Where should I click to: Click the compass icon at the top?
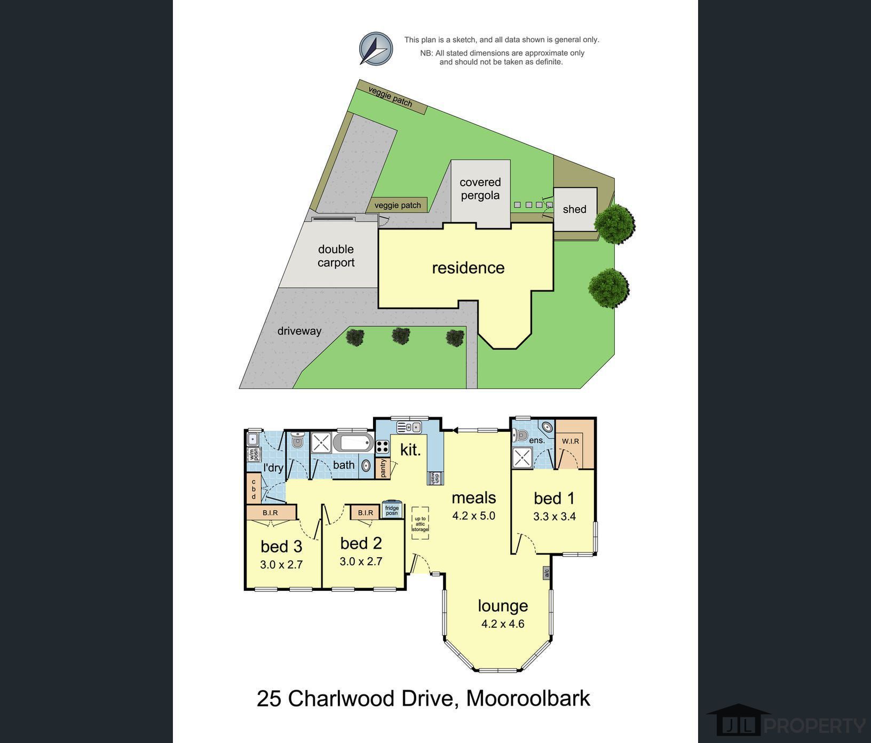(x=376, y=49)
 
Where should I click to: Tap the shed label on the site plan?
(x=574, y=209)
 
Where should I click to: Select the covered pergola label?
(x=480, y=189)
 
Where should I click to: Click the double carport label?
(x=336, y=256)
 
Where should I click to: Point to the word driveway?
(x=299, y=331)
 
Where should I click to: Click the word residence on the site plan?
(x=468, y=267)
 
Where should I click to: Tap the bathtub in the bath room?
(x=353, y=442)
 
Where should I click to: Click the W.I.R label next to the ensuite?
(x=570, y=441)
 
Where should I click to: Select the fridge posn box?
(x=392, y=511)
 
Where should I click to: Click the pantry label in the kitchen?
(x=383, y=468)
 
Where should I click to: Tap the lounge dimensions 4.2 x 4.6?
(x=503, y=623)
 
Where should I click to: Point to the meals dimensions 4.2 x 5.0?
(x=474, y=516)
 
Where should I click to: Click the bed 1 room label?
(x=554, y=498)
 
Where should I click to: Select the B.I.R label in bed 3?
(x=270, y=513)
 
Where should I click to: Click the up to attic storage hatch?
(x=420, y=523)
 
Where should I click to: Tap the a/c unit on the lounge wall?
(x=547, y=573)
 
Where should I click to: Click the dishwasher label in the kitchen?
(x=435, y=478)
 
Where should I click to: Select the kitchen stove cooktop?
(x=382, y=446)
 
